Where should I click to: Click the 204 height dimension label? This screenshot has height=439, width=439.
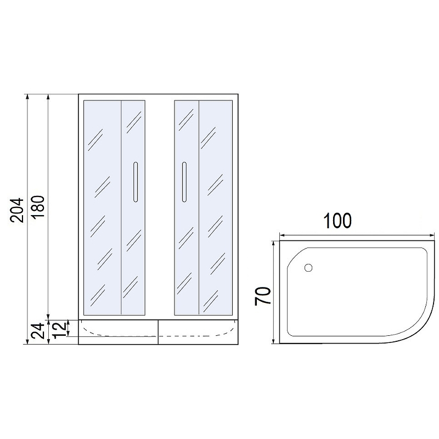(17, 210)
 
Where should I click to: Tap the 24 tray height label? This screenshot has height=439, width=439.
(38, 331)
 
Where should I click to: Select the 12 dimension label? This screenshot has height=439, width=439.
(59, 329)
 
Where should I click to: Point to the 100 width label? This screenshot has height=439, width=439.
(337, 221)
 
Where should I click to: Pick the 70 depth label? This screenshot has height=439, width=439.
(263, 296)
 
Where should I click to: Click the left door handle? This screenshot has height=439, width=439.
(136, 182)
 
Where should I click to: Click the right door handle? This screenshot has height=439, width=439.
(184, 182)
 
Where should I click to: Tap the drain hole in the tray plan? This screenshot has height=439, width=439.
(308, 268)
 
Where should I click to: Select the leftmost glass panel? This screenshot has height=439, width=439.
(102, 207)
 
